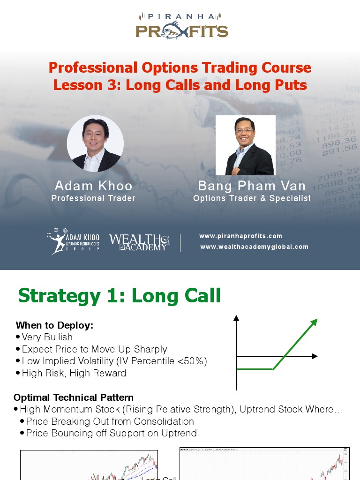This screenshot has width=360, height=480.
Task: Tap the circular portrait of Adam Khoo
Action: click(95, 143)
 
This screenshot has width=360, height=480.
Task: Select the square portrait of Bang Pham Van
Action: click(245, 145)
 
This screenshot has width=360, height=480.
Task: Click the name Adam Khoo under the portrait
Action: click(94, 186)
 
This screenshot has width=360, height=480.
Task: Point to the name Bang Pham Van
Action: click(252, 186)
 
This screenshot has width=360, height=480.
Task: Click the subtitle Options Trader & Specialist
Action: click(252, 198)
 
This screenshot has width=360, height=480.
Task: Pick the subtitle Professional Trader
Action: click(93, 198)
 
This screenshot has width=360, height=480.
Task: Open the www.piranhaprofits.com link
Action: click(240, 236)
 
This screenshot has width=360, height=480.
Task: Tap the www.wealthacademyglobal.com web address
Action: click(254, 247)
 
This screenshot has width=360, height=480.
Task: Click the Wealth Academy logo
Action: click(139, 242)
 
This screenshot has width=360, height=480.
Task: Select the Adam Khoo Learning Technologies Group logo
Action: click(73, 241)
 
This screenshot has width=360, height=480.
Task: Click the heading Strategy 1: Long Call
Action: click(119, 296)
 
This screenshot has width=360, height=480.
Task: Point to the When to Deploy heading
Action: click(54, 325)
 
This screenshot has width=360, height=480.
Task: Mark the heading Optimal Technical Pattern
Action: click(74, 397)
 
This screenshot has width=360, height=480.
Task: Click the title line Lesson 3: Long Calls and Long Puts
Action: click(180, 85)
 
